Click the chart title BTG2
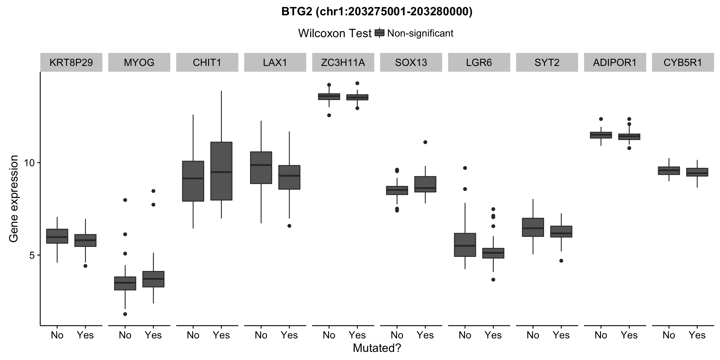377,12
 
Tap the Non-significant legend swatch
379,33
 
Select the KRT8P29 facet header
71,62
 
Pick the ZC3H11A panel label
343,62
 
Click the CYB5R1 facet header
682,62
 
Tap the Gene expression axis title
14,199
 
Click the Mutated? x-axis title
377,348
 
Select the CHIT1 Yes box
221,171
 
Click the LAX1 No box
261,167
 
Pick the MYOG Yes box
153,279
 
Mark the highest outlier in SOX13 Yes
425,142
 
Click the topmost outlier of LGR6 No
465,168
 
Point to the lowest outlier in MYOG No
125,314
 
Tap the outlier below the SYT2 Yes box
561,261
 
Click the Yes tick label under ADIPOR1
629,335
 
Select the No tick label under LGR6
465,335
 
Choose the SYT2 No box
533,227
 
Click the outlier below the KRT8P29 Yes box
85,266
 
